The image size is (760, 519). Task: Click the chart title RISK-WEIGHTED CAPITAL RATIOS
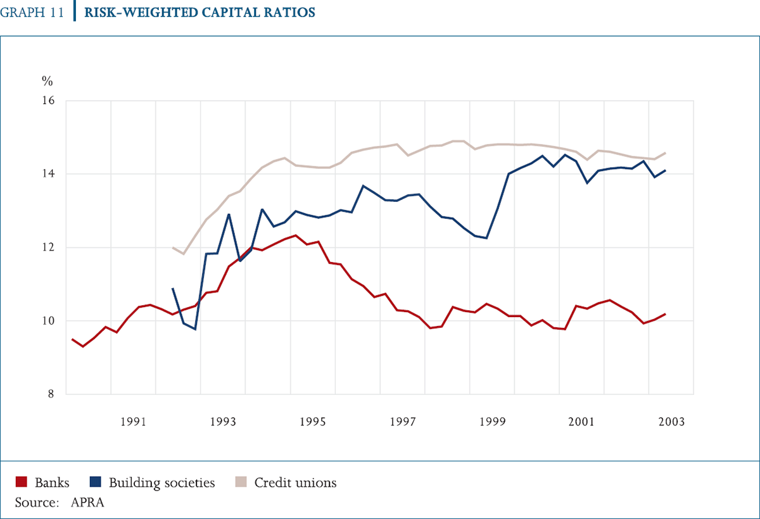[x=199, y=13]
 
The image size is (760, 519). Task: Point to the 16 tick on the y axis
[x=49, y=101]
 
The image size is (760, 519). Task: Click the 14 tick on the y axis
[x=49, y=174]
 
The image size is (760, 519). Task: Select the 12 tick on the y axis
[x=49, y=247]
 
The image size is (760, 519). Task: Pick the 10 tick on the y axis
[x=49, y=321]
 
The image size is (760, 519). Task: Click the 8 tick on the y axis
[x=51, y=394]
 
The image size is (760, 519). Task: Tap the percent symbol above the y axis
[x=47, y=80]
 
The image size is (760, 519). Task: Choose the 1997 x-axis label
[x=403, y=422]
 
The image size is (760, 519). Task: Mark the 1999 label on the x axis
[x=492, y=422]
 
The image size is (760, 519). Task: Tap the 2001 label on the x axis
[x=581, y=422]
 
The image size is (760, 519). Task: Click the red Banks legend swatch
[x=21, y=482]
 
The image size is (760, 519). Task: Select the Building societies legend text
[x=162, y=483]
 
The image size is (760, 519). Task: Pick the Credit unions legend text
[x=295, y=483]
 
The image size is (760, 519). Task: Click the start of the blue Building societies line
[x=173, y=289]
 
